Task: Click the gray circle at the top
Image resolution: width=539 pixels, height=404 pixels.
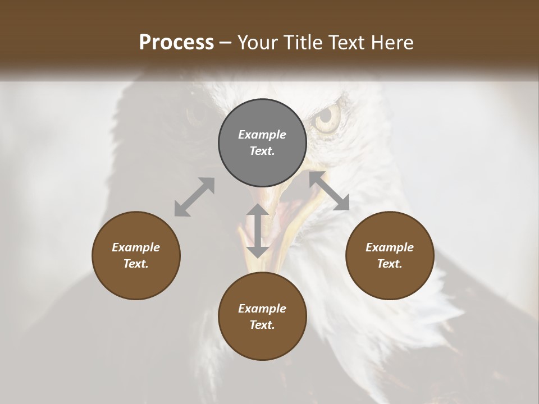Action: (262, 143)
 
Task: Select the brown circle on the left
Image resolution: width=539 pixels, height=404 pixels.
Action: (136, 255)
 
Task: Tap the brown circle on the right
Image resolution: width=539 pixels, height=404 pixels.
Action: (390, 255)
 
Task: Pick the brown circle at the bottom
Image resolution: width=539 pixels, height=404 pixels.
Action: (262, 316)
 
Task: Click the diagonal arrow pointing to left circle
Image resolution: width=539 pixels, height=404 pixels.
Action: (194, 197)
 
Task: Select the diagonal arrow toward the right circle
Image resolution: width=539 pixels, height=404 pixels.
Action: (330, 191)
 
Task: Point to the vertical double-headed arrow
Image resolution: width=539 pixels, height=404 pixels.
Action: (258, 231)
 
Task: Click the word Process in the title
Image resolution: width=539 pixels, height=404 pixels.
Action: (176, 42)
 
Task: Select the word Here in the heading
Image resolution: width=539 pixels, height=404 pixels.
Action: (392, 42)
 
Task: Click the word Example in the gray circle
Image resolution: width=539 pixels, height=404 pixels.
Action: (262, 135)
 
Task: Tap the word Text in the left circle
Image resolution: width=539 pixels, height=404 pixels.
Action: (136, 264)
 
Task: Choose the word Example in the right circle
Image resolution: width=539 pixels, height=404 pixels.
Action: (390, 247)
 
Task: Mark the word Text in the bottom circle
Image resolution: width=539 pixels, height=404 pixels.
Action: (262, 325)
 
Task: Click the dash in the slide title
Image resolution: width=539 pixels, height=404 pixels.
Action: (226, 43)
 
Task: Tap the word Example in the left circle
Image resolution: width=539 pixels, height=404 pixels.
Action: (136, 247)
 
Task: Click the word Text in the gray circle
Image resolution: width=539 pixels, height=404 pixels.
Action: (262, 151)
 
